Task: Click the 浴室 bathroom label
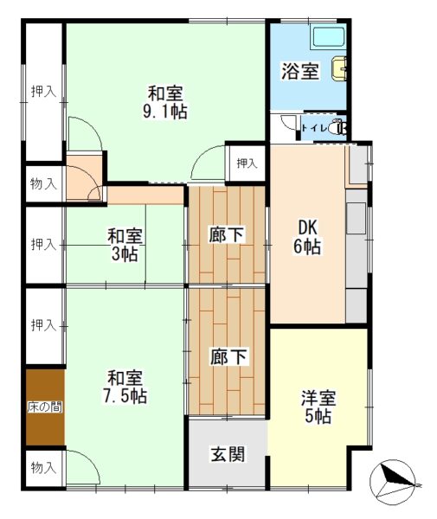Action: [x=300, y=71]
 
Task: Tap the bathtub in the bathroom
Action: [x=329, y=39]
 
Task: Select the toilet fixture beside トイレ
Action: [x=340, y=127]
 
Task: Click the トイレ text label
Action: [x=314, y=128]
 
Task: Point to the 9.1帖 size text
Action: [x=165, y=112]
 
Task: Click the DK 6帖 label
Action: [x=307, y=237]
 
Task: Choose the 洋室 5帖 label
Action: [x=318, y=407]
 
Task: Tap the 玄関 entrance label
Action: [x=228, y=454]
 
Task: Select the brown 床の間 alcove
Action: [x=45, y=407]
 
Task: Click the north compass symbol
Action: [x=394, y=479]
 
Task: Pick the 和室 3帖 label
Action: [x=125, y=245]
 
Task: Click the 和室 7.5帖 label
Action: [x=125, y=387]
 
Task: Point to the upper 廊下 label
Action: [x=227, y=234]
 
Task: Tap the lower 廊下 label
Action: [x=228, y=356]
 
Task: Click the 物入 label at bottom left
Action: [x=43, y=467]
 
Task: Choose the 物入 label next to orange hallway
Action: [x=43, y=183]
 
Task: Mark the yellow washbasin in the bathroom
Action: [x=339, y=69]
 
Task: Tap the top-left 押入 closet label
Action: [x=43, y=91]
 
